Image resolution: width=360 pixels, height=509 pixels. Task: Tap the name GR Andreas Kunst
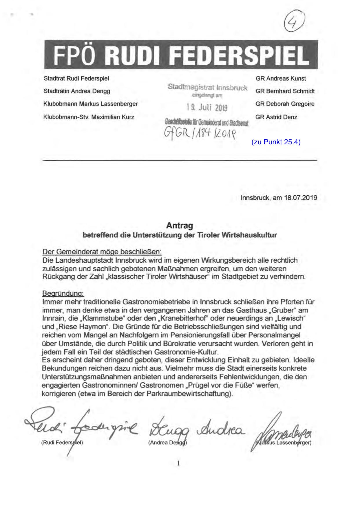click(281, 79)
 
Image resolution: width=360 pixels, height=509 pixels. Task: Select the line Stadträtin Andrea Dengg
click(77, 91)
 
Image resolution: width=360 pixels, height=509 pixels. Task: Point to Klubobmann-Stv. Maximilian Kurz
click(89, 117)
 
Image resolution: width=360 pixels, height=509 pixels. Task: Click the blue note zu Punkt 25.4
click(276, 142)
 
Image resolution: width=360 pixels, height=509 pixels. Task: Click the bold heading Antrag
click(180, 225)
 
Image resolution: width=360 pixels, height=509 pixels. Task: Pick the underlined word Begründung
click(63, 294)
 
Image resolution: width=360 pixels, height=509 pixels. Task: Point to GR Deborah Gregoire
click(285, 104)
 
